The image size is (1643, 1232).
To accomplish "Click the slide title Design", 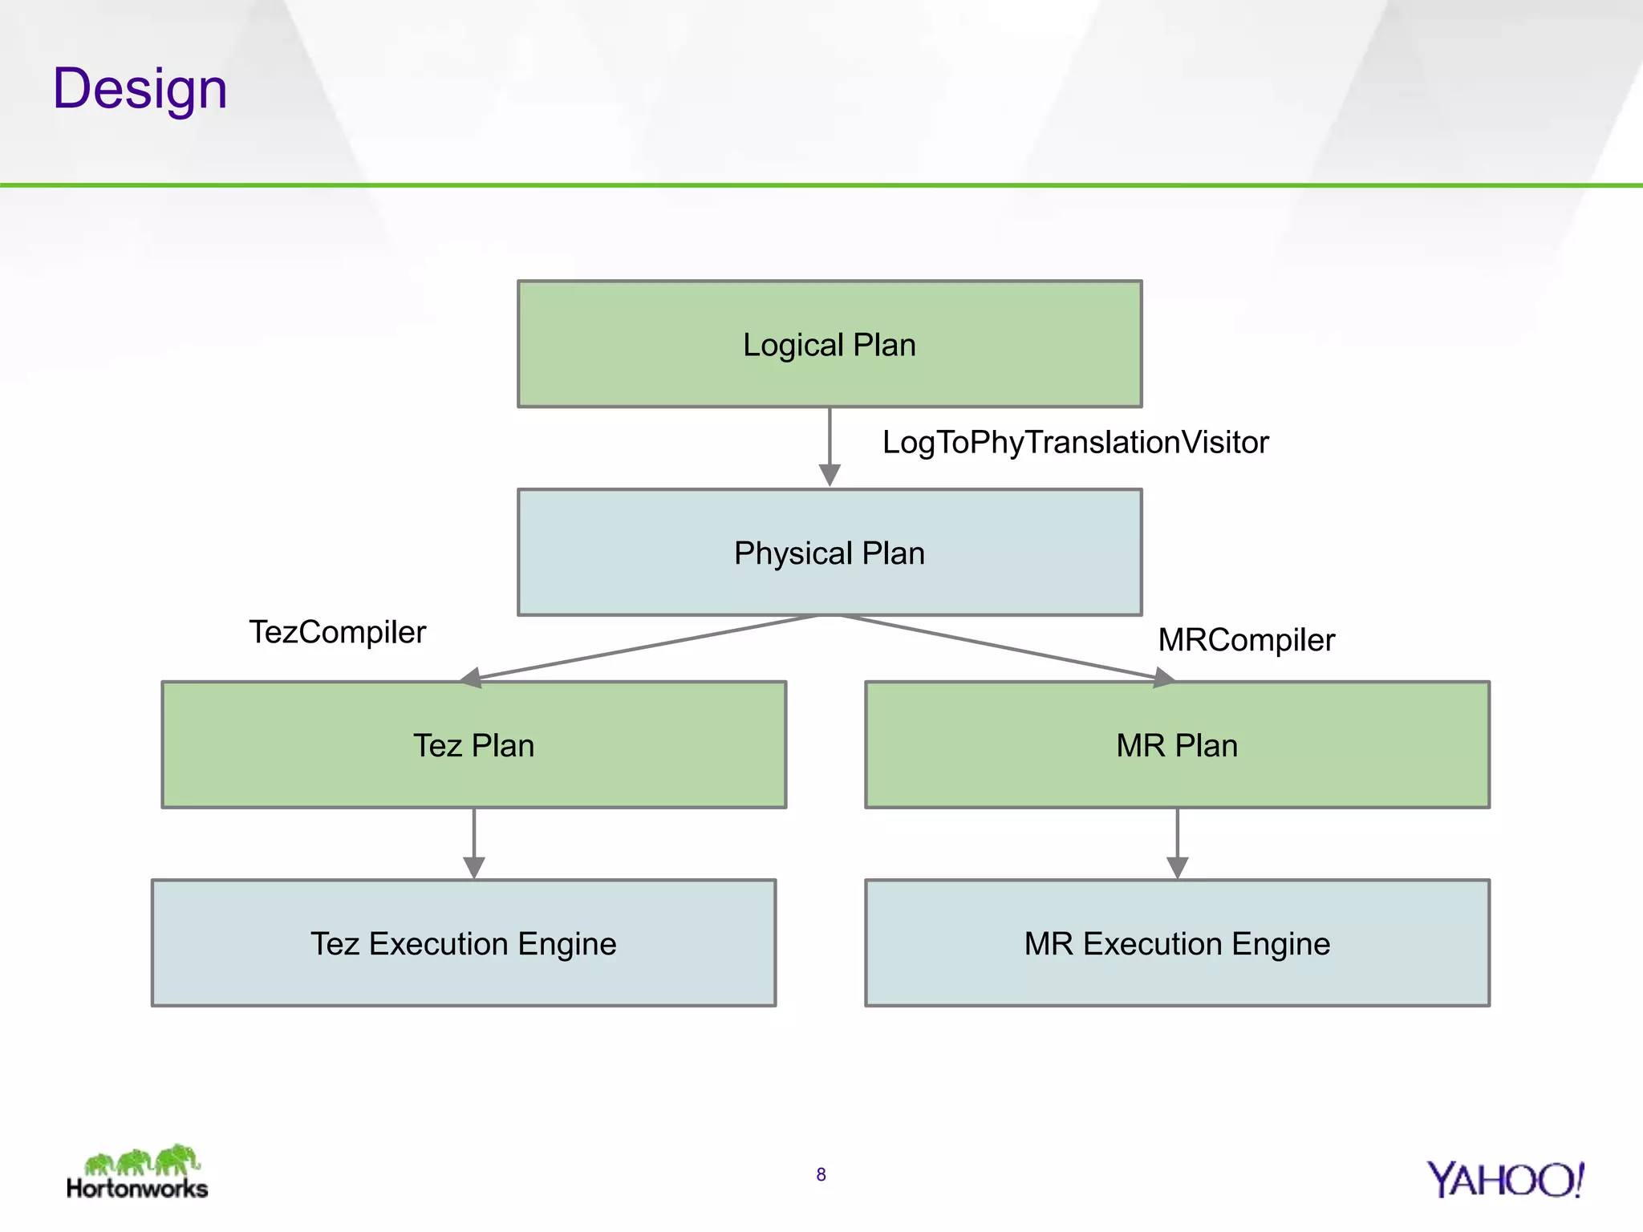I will pos(140,88).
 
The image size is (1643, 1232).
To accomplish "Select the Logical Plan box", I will pos(830,344).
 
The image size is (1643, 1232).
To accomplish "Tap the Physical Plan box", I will pos(830,553).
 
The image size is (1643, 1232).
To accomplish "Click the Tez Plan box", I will pos(473,745).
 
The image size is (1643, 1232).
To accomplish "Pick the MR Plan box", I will pos(1177,745).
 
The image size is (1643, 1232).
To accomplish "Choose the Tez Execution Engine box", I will pos(464,943).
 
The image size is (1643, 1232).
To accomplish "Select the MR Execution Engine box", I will pos(1177,943).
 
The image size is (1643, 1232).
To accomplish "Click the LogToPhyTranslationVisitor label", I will pos(1075,442).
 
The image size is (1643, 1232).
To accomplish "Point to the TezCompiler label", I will pos(337,632).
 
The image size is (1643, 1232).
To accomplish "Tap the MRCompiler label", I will pos(1246,640).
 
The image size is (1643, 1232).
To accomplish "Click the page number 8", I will pos(821,1174).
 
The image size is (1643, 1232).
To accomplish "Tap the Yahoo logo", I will pos(1504,1180).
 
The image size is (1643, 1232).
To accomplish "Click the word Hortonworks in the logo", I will pos(137,1188).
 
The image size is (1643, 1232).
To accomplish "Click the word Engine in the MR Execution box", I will pos(1280,944).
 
